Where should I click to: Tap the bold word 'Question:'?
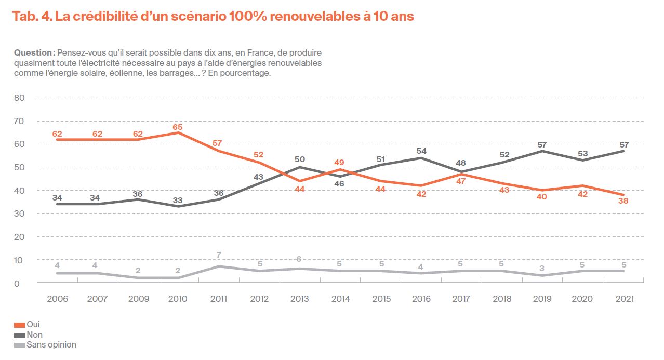pos(34,53)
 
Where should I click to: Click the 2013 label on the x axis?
pos(300,299)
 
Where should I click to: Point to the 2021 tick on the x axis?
pos(623,299)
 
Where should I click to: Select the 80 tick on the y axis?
pos(20,98)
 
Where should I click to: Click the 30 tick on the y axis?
pos(20,214)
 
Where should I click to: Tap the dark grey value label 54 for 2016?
pos(421,151)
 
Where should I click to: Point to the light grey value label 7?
pos(219,256)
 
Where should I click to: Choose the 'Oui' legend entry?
pos(33,324)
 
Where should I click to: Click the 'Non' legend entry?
pos(34,335)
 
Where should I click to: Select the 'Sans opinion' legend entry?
pos(51,344)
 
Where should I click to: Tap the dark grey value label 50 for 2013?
pos(300,159)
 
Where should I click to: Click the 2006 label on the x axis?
pos(57,299)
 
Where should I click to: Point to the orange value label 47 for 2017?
pos(461,182)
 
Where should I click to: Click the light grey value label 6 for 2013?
pos(300,259)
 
